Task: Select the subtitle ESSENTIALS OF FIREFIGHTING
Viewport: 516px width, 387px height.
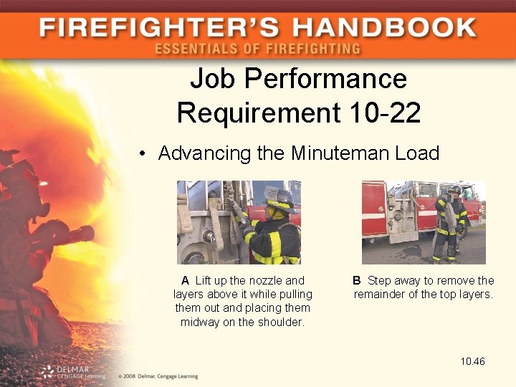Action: click(x=257, y=49)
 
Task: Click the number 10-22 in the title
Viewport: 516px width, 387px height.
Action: click(x=383, y=113)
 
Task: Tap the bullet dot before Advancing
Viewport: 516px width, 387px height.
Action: click(x=144, y=153)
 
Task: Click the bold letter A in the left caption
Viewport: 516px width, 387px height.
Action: click(x=185, y=280)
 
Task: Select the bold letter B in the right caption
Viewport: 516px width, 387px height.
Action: click(x=357, y=280)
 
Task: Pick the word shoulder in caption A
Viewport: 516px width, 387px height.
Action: click(x=281, y=322)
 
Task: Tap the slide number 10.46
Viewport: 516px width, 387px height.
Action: click(x=473, y=361)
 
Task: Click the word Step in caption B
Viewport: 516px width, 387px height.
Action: click(x=380, y=280)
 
